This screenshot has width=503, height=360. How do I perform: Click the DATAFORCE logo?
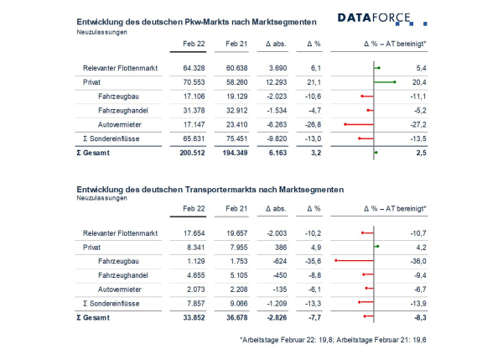tap(382, 18)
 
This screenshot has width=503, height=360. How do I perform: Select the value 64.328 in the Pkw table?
tap(194, 68)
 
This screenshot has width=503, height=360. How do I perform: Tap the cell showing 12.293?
tap(276, 82)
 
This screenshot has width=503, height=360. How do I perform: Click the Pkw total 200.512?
tap(192, 153)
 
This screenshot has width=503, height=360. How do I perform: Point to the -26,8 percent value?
tap(313, 124)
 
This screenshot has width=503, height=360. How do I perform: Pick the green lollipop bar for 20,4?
tap(385, 82)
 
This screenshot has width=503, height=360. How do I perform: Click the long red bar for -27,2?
tap(359, 124)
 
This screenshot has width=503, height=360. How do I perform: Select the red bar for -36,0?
tap(354, 260)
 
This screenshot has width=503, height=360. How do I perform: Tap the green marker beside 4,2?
tap(376, 247)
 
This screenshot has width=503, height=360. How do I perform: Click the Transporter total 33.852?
tap(194, 317)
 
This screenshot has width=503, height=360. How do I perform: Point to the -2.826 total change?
tap(277, 317)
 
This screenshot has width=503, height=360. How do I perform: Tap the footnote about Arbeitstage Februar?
tap(333, 340)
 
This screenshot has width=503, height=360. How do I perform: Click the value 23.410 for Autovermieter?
tap(236, 124)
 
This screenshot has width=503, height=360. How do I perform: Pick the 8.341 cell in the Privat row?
tap(195, 248)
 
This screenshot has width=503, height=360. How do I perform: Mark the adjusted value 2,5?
tap(421, 153)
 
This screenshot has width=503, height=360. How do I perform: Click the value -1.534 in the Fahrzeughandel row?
tap(277, 111)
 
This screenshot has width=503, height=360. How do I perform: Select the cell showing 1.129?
tap(195, 261)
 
